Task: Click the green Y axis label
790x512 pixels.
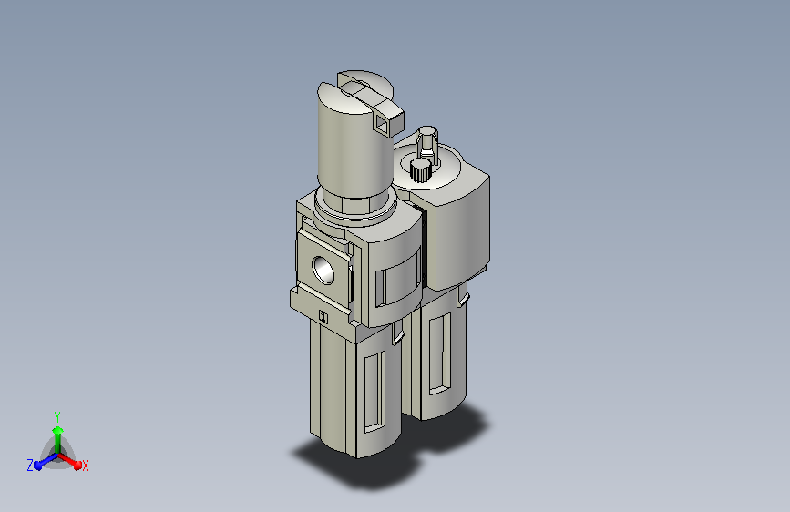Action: coord(57,416)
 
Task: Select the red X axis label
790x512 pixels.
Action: coord(85,466)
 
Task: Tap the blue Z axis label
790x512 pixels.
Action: coord(30,466)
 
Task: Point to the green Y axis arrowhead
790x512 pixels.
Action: coord(58,431)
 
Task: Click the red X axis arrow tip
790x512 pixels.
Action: coord(77,466)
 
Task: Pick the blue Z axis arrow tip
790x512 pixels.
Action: coord(38,466)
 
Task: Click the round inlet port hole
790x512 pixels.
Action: coord(323,270)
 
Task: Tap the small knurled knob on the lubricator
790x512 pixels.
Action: coord(420,169)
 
